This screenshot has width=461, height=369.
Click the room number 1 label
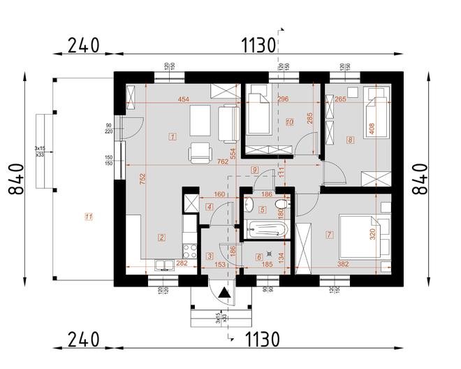tap(172, 136)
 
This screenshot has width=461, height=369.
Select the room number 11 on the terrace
tap(88, 217)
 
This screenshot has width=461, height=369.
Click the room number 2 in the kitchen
tap(162, 238)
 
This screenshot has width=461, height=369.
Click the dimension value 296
tap(282, 100)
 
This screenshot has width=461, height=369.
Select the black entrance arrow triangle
tap(224, 294)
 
